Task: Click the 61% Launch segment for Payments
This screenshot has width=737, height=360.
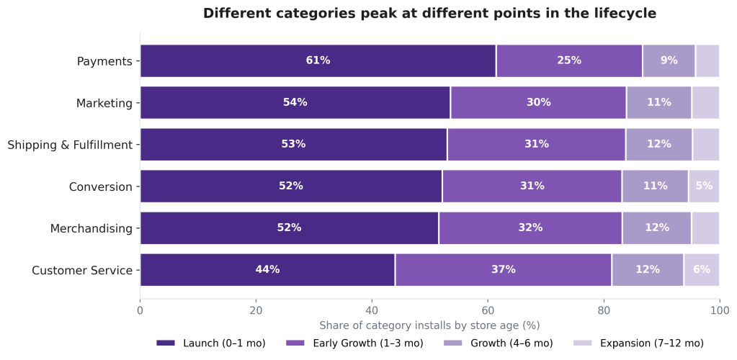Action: coord(318,60)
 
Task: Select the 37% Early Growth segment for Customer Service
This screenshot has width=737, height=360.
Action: coord(503,270)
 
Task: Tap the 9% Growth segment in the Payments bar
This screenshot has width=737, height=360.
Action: coord(669,60)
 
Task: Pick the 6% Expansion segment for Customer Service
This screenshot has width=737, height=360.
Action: coord(701,270)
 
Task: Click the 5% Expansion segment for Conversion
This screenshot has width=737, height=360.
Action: coord(703,186)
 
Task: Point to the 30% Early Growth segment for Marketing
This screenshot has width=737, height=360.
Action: coord(538,102)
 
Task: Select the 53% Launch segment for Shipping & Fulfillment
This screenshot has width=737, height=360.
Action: coord(293,144)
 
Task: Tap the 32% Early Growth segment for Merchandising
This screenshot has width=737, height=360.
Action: coord(530,228)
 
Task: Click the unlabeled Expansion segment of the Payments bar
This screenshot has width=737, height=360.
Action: coord(707,60)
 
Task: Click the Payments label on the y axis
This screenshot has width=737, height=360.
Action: coord(104,61)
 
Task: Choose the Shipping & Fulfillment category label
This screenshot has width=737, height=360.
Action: coord(70,145)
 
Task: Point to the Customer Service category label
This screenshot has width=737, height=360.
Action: coord(82,271)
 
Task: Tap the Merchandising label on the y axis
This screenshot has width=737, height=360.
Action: coord(91,229)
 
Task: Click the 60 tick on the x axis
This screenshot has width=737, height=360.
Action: coord(488,310)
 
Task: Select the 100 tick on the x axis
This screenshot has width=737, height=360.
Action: coord(719,310)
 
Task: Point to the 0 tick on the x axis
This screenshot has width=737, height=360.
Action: coord(140,310)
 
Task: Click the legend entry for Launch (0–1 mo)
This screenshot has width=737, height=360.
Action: coord(211,343)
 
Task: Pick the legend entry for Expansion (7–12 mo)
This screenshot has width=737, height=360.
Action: coord(638,343)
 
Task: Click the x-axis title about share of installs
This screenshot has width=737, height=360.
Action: coord(429,325)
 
